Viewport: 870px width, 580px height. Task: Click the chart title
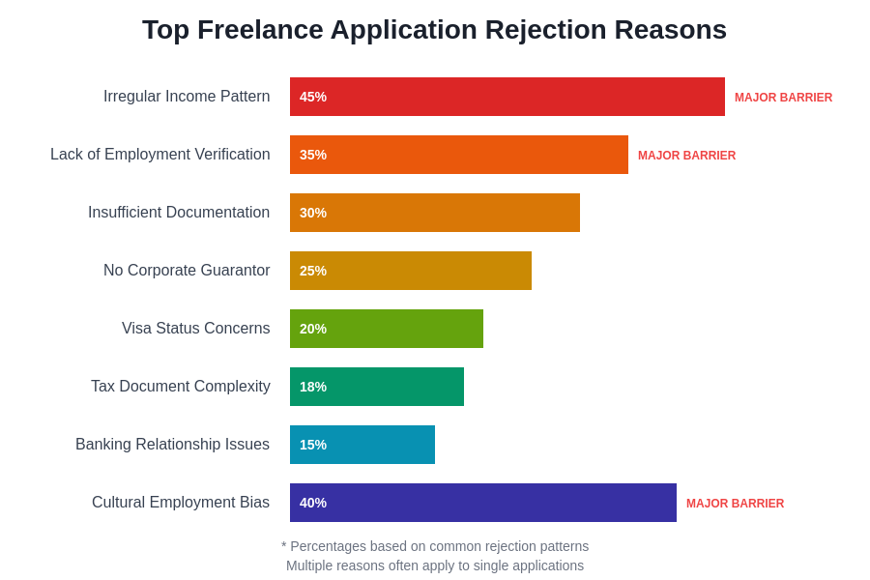(434, 30)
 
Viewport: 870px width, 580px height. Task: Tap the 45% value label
(313, 97)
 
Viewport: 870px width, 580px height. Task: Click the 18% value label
(313, 387)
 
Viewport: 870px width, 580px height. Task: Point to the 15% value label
(313, 445)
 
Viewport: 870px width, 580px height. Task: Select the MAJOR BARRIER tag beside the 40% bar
(735, 504)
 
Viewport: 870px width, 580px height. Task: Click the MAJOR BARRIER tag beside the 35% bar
(686, 156)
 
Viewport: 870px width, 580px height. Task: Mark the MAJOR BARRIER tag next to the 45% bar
(783, 98)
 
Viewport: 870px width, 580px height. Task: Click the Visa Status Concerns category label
(195, 329)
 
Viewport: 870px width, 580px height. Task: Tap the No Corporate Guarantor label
(187, 271)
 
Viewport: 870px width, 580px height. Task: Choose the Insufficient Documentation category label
(179, 213)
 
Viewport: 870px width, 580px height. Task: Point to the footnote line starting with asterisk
(435, 546)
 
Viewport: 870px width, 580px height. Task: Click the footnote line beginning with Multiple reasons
(435, 565)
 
